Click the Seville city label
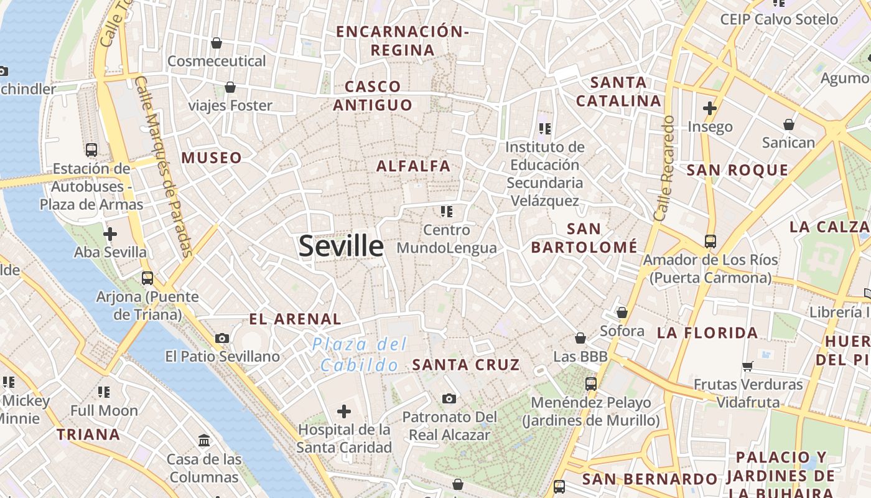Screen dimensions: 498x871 [341, 247]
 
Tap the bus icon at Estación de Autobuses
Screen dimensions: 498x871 [91, 150]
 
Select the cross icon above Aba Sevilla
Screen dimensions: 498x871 [110, 234]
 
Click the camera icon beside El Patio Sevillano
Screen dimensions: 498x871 [222, 339]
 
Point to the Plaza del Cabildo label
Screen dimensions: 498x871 [360, 354]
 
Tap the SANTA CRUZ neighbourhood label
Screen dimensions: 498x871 [466, 365]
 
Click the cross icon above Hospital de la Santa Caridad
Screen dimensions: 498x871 [344, 411]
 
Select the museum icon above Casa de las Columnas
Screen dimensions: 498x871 [204, 441]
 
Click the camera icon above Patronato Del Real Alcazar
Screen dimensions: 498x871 [449, 398]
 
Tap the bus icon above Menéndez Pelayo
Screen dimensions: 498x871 [591, 384]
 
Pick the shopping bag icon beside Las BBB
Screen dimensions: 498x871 [580, 338]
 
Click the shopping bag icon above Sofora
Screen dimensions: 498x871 [622, 312]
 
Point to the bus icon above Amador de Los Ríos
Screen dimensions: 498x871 [710, 241]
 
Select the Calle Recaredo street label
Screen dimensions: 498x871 [664, 168]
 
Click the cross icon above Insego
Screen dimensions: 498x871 [710, 108]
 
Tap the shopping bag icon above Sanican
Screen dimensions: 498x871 [789, 125]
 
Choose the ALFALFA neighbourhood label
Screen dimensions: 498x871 [413, 166]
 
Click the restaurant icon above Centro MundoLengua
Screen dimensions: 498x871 [446, 212]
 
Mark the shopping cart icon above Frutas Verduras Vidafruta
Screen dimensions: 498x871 [748, 366]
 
